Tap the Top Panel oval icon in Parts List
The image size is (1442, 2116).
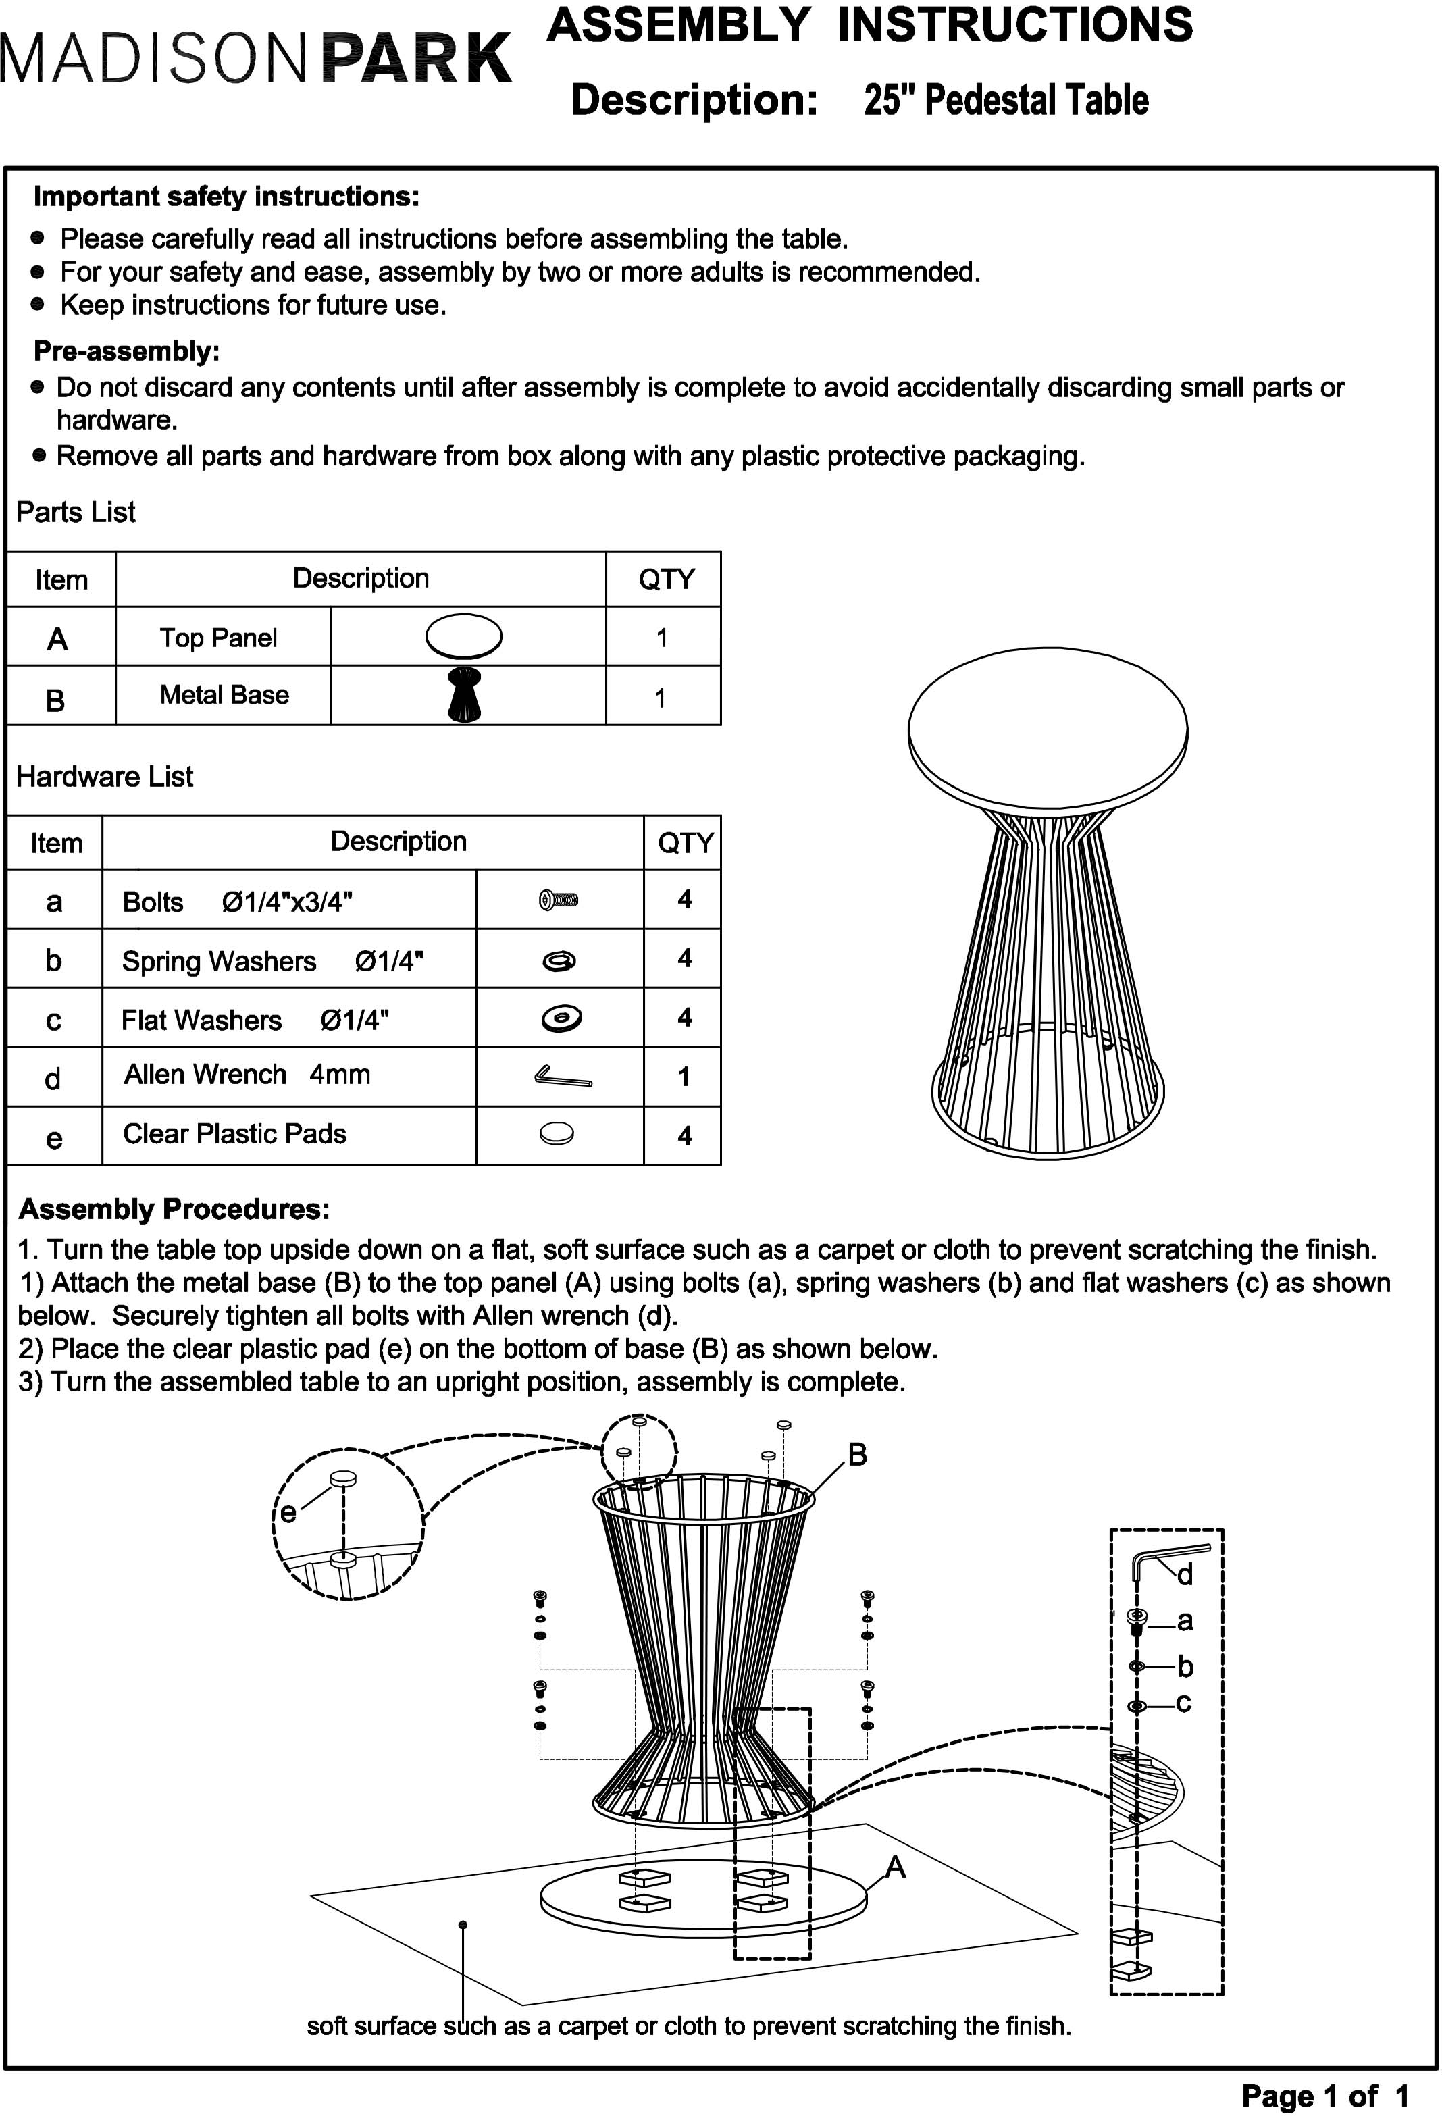click(x=463, y=636)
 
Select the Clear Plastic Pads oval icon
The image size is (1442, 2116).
click(x=557, y=1133)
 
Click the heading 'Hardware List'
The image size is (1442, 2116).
click(x=105, y=777)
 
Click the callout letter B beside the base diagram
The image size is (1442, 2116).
click(x=856, y=1455)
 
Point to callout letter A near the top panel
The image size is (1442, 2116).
click(x=896, y=1867)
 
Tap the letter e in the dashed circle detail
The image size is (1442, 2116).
click(x=288, y=1512)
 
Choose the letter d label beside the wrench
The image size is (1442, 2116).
click(x=1185, y=1574)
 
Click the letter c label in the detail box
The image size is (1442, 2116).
click(x=1183, y=1703)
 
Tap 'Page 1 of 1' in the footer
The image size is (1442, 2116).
click(x=1324, y=2096)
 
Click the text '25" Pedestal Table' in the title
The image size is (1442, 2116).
click(x=1006, y=100)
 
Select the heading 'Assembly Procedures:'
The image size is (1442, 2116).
click(x=174, y=1209)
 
